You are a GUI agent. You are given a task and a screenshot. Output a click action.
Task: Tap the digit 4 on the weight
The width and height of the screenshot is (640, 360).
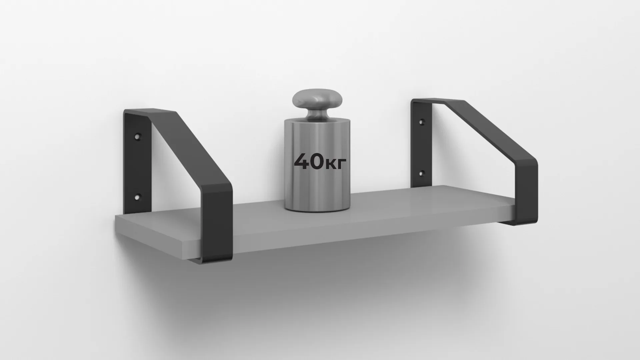coord(303,162)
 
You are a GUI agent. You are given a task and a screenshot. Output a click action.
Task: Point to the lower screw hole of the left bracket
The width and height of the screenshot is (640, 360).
coord(137,197)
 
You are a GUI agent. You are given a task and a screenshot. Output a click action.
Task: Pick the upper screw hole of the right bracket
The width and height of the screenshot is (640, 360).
coord(422,122)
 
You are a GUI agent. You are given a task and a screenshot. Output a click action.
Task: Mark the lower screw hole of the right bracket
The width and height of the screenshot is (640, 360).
coord(422,173)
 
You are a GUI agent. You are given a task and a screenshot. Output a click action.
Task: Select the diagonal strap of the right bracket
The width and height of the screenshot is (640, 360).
coord(493,133)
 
